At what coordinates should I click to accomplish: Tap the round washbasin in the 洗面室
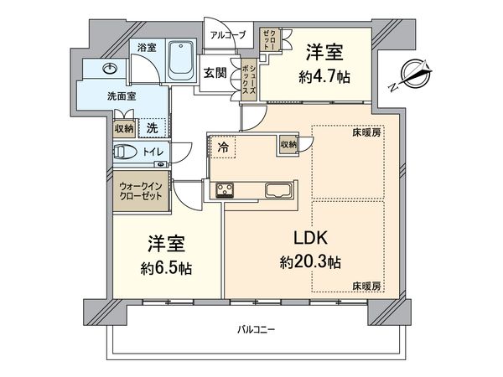110,69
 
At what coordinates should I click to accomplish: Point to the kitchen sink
277,189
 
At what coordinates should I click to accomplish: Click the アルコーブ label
227,34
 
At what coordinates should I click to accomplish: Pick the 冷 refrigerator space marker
222,146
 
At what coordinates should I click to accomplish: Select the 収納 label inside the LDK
288,145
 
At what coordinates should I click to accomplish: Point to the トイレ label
153,152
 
